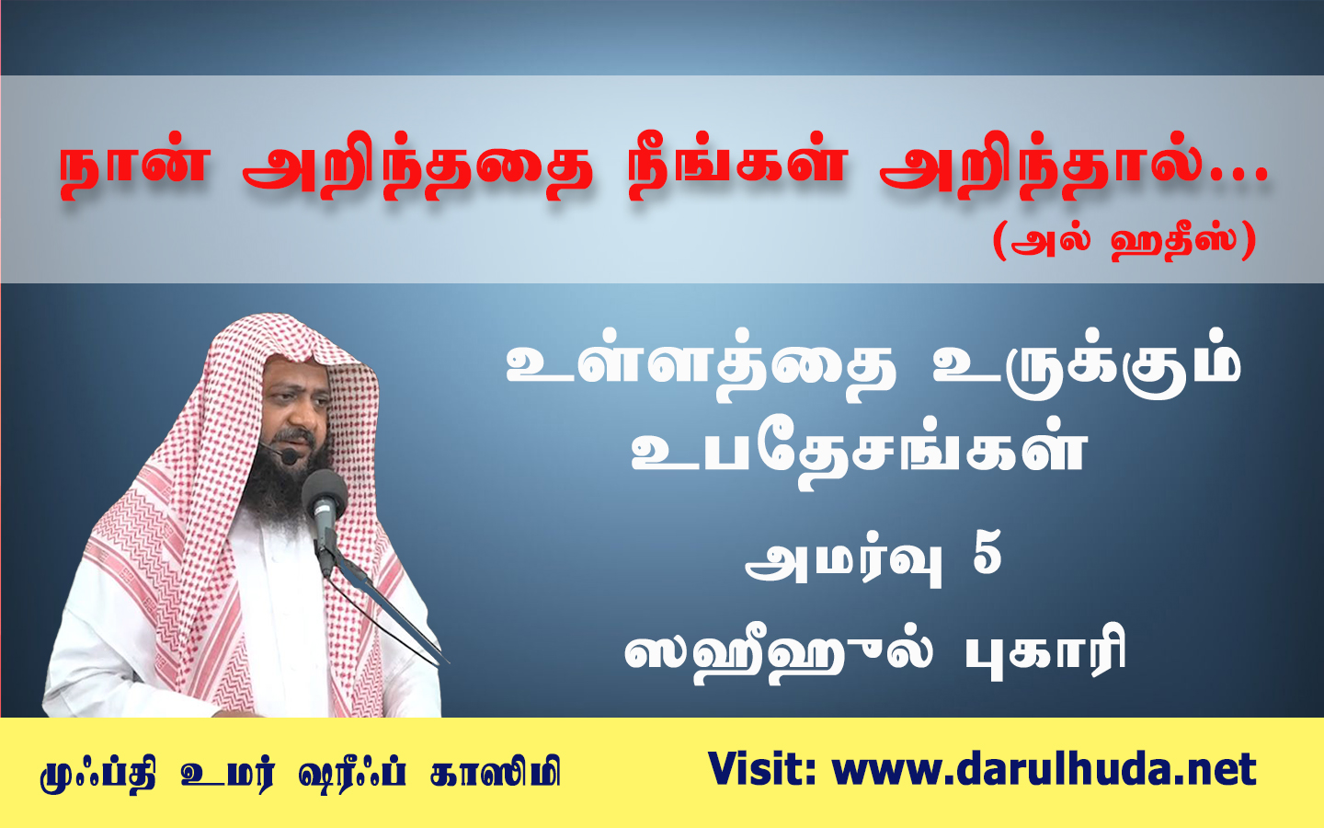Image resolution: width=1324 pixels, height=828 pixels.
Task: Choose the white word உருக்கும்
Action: point(1087,369)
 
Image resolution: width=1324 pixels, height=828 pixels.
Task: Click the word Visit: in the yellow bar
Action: point(762,769)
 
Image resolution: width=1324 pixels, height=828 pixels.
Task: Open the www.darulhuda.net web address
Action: point(1044,769)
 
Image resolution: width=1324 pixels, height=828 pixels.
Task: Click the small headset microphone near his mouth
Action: point(290,456)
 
